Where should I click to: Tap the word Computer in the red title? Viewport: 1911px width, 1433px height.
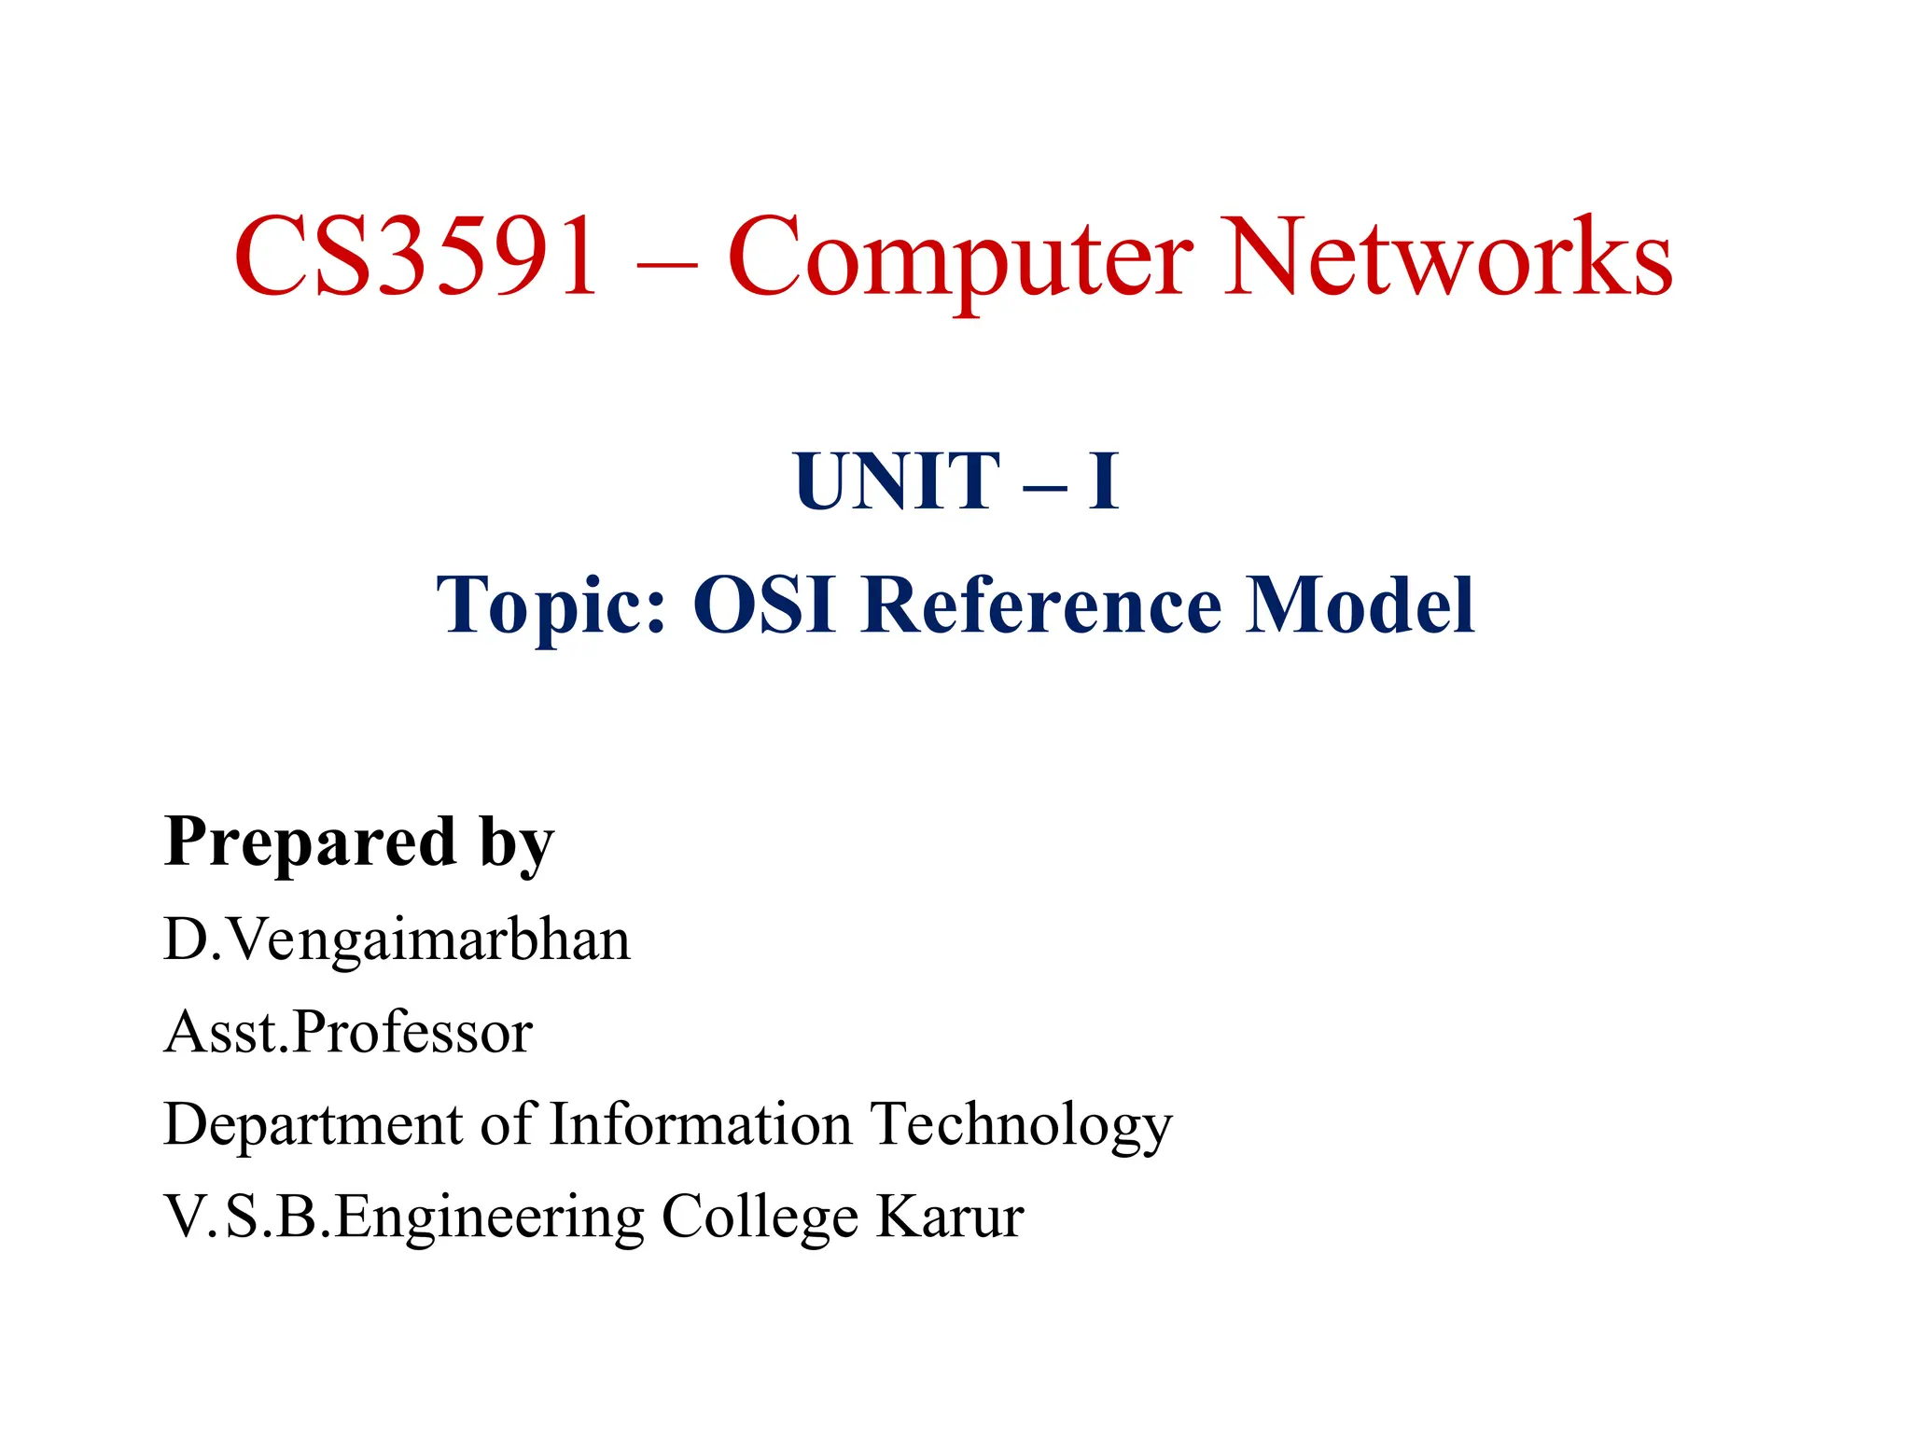(x=960, y=258)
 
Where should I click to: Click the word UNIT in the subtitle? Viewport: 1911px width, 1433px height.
(x=897, y=481)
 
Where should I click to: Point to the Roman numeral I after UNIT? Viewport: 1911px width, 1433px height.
(x=1103, y=481)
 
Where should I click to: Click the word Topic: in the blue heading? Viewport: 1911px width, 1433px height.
(x=551, y=606)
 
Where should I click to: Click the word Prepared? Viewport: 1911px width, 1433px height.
(x=310, y=842)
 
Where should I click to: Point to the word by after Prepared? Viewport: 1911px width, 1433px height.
(x=517, y=845)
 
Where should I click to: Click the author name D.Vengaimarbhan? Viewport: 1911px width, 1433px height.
(x=398, y=939)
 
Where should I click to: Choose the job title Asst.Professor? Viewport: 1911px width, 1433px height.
(x=348, y=1033)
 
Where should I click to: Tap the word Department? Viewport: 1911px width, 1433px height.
(x=314, y=1126)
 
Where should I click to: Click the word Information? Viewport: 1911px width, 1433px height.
(x=701, y=1124)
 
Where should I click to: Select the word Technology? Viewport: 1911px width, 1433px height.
(x=1021, y=1126)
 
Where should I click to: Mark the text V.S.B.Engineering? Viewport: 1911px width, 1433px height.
(x=404, y=1218)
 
